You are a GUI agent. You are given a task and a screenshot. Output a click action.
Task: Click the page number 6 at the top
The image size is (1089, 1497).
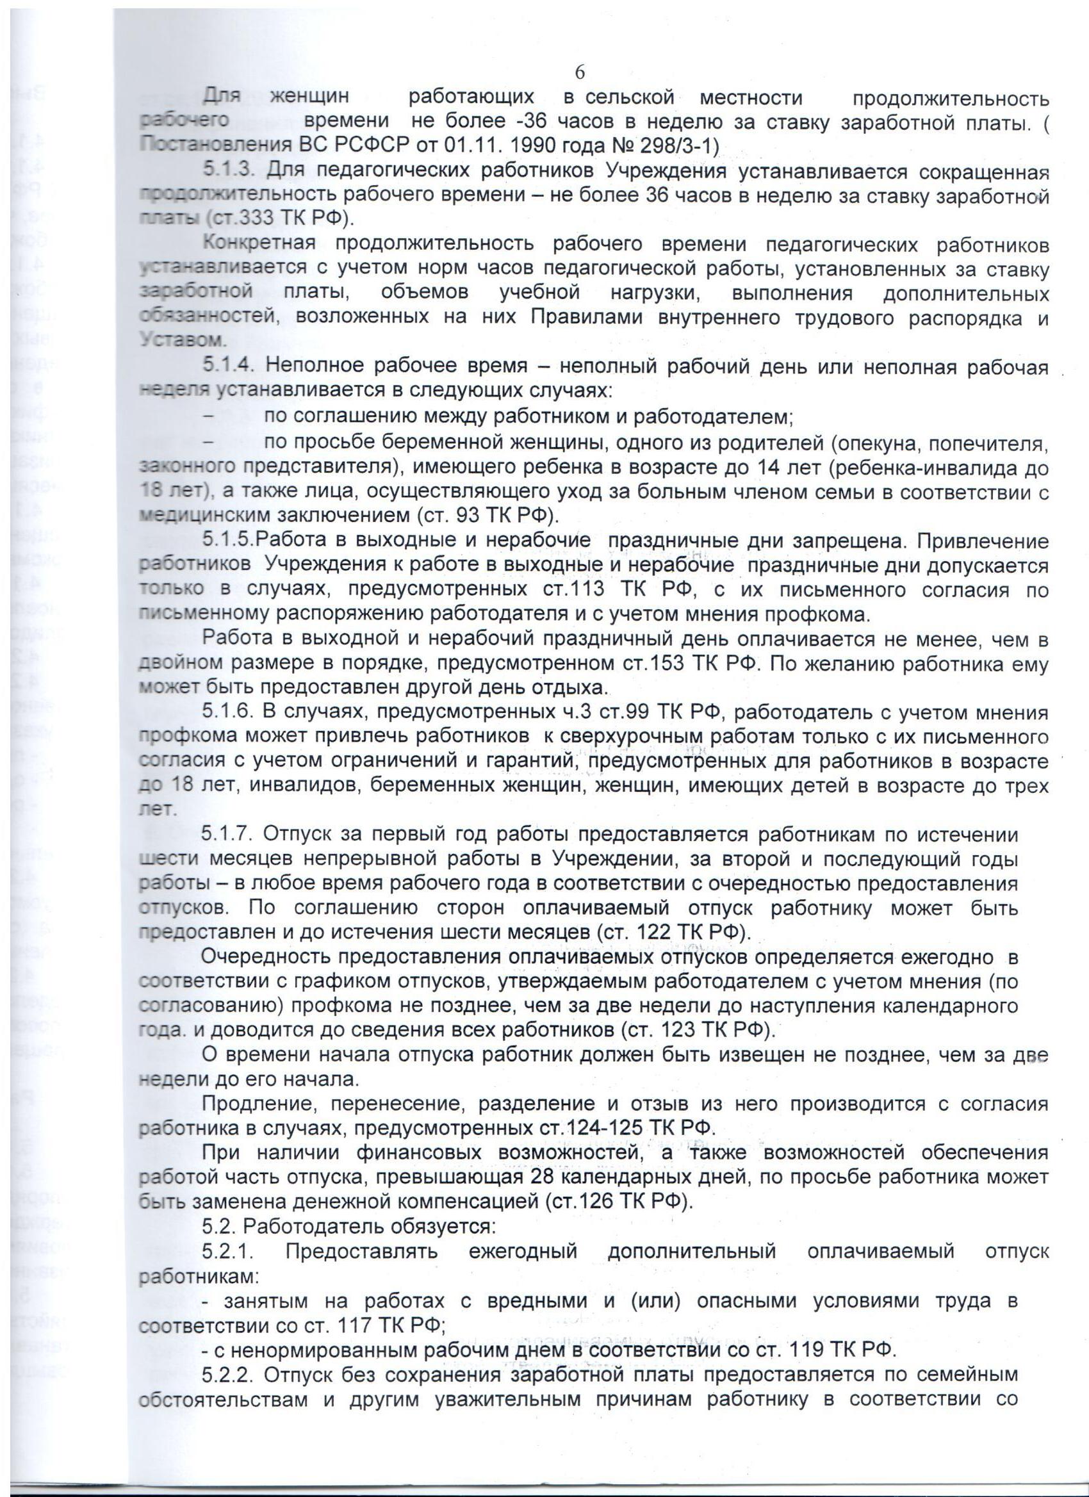click(x=580, y=72)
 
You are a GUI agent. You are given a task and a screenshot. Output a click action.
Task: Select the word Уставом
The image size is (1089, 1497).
click(x=183, y=340)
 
